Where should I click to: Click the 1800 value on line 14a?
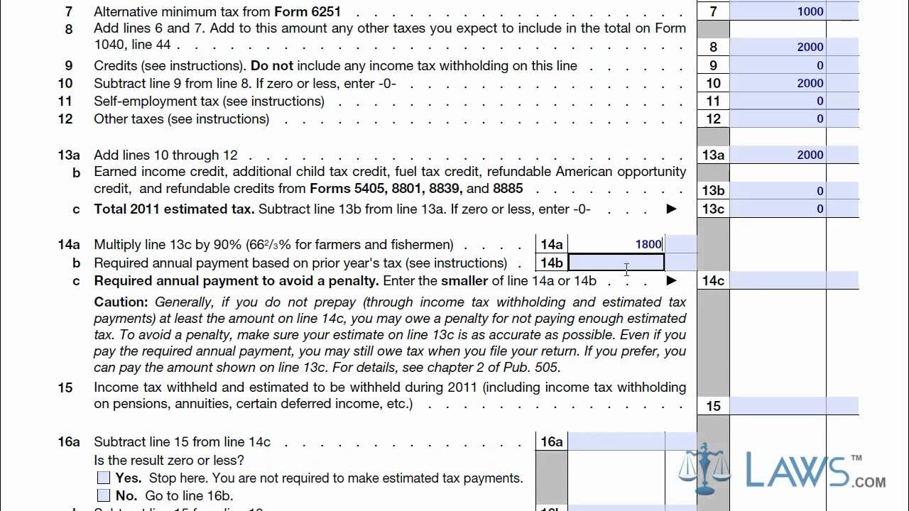[648, 245]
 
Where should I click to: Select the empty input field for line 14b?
[616, 263]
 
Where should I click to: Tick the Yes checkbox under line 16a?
[104, 478]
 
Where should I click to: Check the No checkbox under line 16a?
[104, 495]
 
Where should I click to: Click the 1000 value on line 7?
[810, 11]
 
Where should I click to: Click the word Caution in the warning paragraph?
[121, 302]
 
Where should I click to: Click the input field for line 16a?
[616, 441]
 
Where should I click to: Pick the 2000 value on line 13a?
[810, 155]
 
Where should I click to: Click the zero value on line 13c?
[820, 209]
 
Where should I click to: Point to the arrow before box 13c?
[671, 209]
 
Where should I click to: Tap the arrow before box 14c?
[671, 281]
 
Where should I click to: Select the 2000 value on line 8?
[810, 48]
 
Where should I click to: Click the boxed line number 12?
[713, 119]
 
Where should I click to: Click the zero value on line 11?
[820, 101]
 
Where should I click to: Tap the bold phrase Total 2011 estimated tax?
[174, 209]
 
